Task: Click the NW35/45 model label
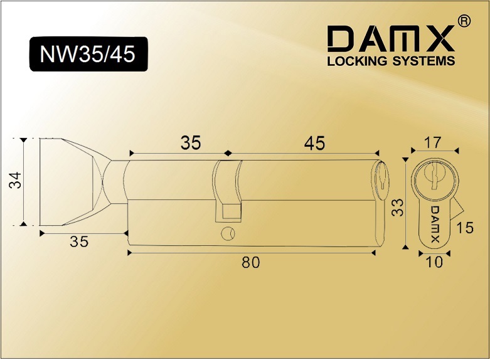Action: click(x=87, y=54)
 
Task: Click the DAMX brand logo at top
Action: click(x=391, y=38)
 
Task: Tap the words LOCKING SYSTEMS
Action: click(x=391, y=61)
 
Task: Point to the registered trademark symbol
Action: click(x=464, y=21)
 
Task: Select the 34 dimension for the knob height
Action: click(x=15, y=180)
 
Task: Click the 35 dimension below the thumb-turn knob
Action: click(x=79, y=241)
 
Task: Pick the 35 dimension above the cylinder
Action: click(x=191, y=143)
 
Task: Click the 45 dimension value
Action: click(x=314, y=143)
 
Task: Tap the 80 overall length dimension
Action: click(x=250, y=262)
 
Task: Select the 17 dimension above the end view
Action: click(x=433, y=142)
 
